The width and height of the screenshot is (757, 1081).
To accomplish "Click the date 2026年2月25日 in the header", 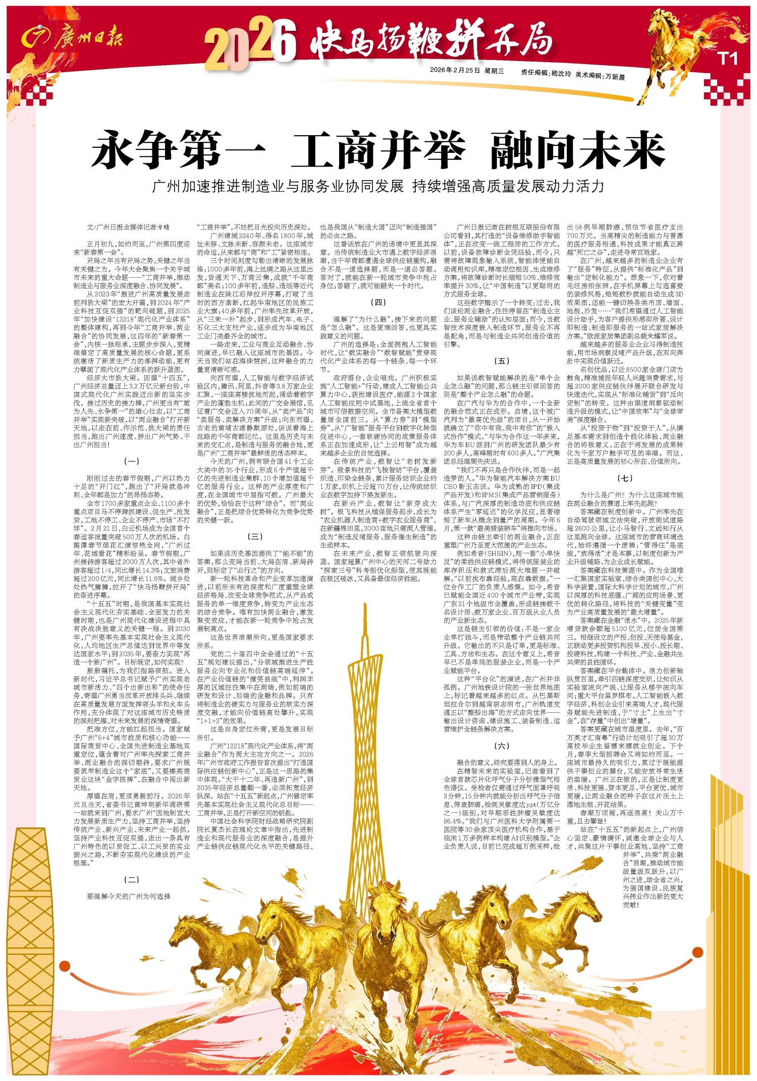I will pyautogui.click(x=454, y=71).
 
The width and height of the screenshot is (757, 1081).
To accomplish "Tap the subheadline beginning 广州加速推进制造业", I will pyautogui.click(x=378, y=187).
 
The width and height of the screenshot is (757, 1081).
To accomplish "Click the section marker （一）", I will pyautogui.click(x=132, y=461).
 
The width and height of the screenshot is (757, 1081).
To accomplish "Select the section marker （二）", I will pyautogui.click(x=132, y=880).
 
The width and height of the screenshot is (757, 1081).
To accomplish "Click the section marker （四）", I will pyautogui.click(x=378, y=302).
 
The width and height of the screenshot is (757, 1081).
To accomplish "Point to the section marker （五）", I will pyautogui.click(x=502, y=361).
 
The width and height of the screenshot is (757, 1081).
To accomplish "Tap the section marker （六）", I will pyautogui.click(x=502, y=746).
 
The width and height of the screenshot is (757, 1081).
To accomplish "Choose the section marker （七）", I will pyautogui.click(x=625, y=478).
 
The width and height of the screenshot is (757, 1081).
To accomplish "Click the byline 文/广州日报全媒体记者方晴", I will pyautogui.click(x=129, y=227).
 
